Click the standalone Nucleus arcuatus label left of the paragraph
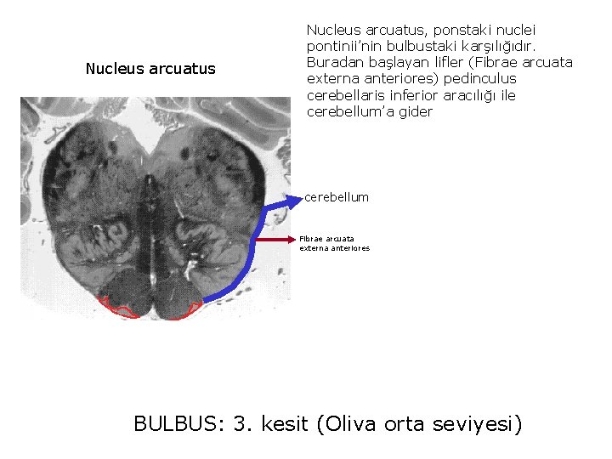point(150,69)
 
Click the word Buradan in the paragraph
point(332,63)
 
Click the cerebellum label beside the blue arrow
point(337,197)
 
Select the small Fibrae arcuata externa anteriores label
point(334,244)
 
